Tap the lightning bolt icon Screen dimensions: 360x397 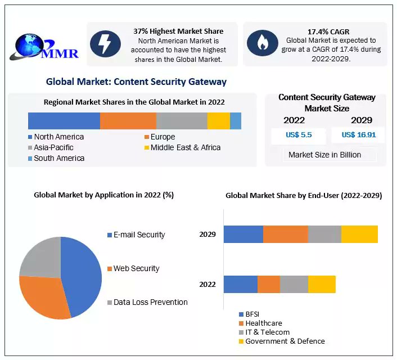(106, 43)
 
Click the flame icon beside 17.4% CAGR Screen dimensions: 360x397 (262, 43)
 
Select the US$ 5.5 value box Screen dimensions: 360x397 (298, 135)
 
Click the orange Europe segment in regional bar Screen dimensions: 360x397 (128, 121)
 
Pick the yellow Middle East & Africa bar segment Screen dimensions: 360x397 (218, 121)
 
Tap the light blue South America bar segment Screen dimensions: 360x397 (236, 121)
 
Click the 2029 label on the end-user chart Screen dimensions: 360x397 (207, 234)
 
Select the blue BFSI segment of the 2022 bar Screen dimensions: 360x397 (240, 285)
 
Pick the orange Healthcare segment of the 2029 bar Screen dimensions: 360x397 (285, 234)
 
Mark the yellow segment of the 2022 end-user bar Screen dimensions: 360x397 (322, 285)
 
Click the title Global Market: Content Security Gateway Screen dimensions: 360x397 (136, 82)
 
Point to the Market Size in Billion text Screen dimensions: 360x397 (324, 155)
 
